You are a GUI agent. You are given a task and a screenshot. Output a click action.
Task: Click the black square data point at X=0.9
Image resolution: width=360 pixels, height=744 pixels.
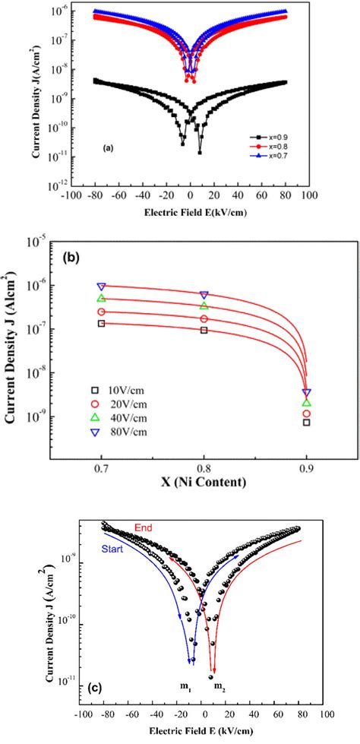pos(306,422)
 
